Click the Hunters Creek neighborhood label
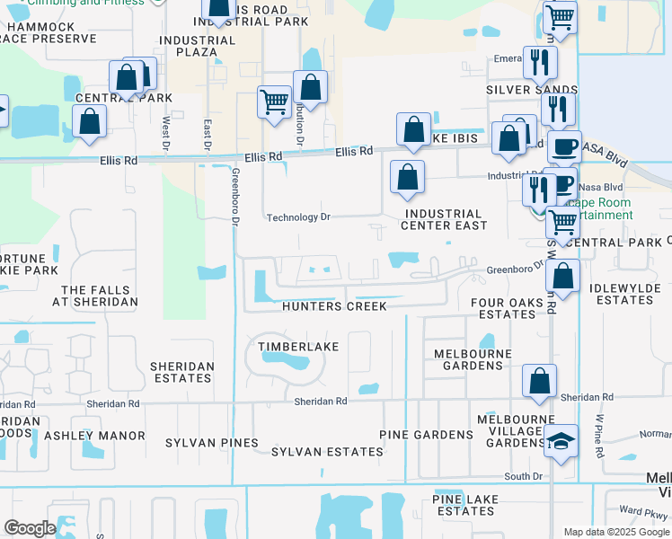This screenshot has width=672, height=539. [334, 306]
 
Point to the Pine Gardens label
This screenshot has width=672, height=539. [426, 435]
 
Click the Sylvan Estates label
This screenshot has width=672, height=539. [327, 452]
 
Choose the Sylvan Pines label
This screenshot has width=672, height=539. [212, 443]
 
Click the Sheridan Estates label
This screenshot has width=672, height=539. [182, 372]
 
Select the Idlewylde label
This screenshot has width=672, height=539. [625, 288]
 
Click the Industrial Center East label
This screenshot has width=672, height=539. [446, 219]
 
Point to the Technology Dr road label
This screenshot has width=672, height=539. [299, 217]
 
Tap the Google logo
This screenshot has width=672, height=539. [30, 528]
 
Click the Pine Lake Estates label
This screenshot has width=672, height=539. [463, 505]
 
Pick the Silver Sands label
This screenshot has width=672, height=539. [532, 90]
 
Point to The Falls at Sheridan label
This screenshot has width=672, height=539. [100, 296]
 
